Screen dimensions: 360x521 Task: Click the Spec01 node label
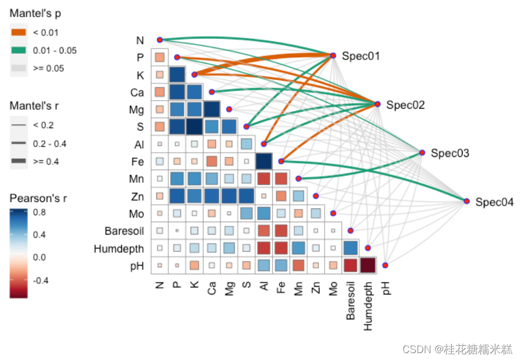point(361,56)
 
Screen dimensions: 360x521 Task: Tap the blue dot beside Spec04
point(467,201)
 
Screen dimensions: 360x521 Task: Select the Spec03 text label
point(449,153)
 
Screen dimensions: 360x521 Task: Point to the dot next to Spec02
point(377,104)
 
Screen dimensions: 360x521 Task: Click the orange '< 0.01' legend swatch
point(18,33)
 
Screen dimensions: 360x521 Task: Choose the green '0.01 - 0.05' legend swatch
point(18,50)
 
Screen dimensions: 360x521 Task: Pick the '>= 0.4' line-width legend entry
point(18,161)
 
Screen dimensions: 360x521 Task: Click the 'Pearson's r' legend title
point(38,199)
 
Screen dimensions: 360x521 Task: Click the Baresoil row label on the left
point(124,231)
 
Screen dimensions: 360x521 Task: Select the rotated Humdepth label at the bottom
point(368,306)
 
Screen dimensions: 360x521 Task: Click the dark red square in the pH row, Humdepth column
point(368,266)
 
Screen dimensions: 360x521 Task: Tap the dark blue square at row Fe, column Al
point(264,161)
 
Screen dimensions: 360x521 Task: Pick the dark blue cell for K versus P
point(177,75)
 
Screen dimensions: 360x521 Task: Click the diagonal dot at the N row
point(160,39)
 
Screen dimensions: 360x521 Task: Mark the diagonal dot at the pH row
point(385,266)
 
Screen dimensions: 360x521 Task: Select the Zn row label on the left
point(137,196)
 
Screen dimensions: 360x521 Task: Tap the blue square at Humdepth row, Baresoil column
point(350,248)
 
